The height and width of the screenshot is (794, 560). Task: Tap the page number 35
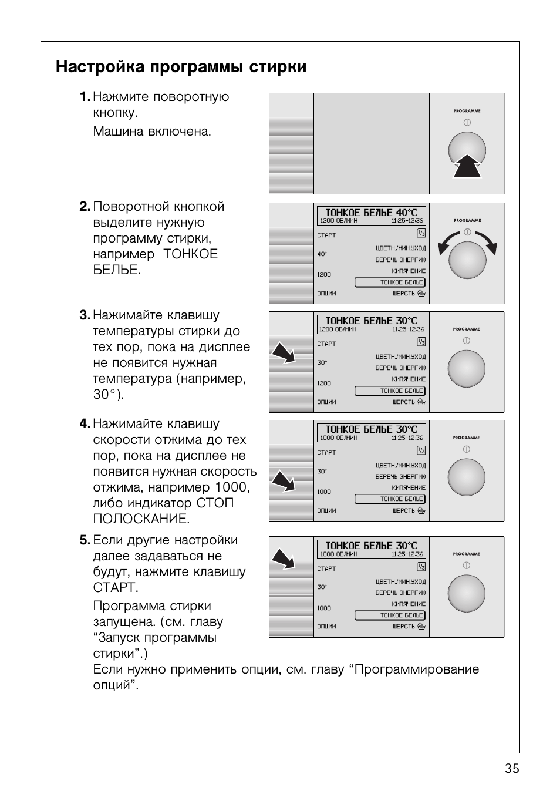[511, 769]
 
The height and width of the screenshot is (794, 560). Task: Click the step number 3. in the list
[85, 315]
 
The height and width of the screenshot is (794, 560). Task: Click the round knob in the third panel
[467, 369]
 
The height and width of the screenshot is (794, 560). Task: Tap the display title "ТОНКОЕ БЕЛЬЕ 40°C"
[371, 213]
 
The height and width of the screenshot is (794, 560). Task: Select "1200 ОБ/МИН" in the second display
[338, 221]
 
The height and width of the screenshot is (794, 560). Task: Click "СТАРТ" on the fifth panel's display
[326, 568]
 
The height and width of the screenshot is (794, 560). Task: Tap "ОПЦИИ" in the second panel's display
[326, 293]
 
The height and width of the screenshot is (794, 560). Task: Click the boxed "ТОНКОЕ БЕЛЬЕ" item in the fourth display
[390, 499]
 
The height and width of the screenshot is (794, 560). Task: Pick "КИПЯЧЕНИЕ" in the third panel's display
[409, 379]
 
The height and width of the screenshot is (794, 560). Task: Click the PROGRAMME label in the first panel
[467, 110]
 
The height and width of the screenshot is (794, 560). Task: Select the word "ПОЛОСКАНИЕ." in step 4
[141, 519]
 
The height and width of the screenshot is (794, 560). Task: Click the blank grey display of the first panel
[371, 143]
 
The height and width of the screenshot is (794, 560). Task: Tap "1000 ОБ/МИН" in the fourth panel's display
[338, 438]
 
